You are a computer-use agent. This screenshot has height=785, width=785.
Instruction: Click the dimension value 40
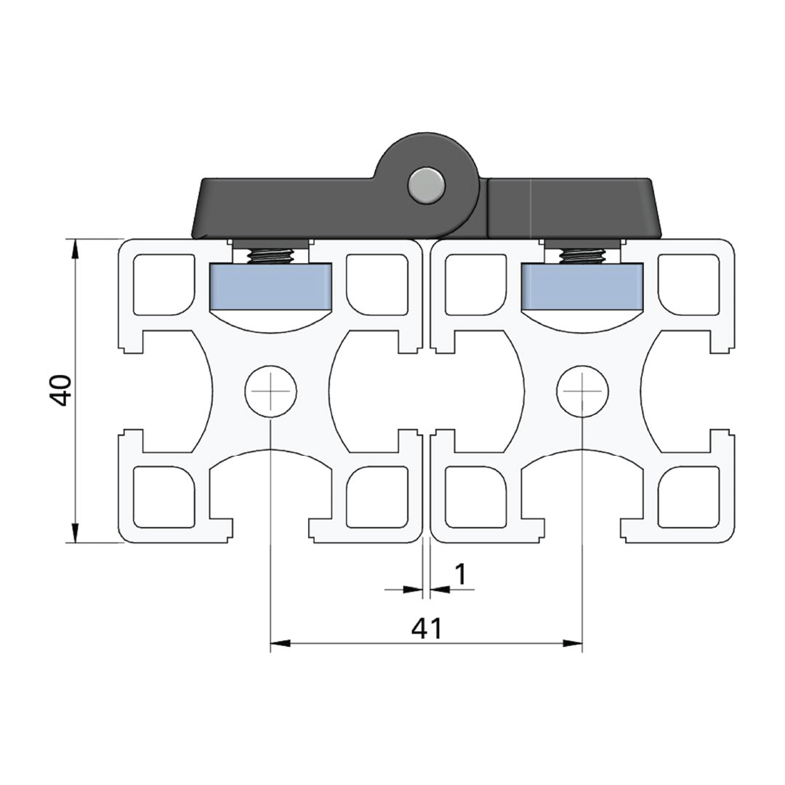tap(60, 390)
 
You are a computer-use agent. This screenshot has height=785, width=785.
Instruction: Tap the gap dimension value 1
tap(460, 574)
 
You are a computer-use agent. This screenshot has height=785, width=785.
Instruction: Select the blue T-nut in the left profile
tap(271, 286)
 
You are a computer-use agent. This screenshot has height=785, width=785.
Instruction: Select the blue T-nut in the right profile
tap(583, 286)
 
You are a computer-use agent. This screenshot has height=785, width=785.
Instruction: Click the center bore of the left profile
tap(270, 391)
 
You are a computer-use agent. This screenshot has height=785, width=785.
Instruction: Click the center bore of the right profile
tap(583, 391)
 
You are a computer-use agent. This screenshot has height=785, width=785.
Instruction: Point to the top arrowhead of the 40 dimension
tap(74, 247)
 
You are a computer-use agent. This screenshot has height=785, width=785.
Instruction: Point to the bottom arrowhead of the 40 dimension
tap(74, 534)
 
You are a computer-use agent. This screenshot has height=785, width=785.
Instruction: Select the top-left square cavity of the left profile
tap(165, 284)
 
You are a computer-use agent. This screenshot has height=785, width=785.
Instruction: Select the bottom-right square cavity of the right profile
tap(688, 496)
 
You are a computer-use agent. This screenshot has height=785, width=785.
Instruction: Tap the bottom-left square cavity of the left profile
tap(165, 496)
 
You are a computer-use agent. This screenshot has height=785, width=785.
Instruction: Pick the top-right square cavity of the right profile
tap(688, 284)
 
